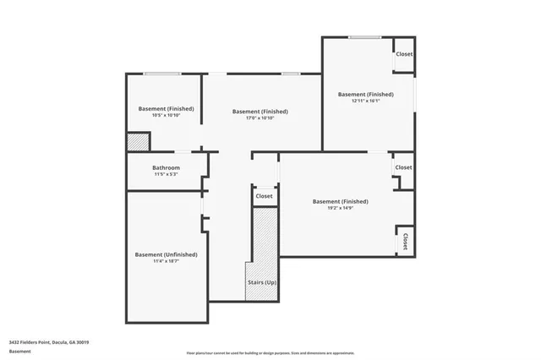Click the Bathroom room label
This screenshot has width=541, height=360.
point(166,167)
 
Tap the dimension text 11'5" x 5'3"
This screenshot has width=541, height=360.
point(166,175)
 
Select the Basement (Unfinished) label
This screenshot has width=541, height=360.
point(166,254)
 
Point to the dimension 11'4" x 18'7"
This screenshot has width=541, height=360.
point(166,262)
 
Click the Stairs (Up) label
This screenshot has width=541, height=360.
point(260,281)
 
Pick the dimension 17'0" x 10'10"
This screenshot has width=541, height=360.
point(260,118)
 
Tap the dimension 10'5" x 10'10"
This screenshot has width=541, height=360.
point(166,116)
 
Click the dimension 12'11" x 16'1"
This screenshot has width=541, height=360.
point(365,101)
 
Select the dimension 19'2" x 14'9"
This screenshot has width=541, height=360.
point(340,209)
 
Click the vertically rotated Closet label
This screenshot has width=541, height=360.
point(405,241)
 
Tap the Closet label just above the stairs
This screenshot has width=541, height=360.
point(264,196)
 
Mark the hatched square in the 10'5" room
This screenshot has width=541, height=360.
point(138,142)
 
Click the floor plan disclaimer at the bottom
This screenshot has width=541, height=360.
point(270,353)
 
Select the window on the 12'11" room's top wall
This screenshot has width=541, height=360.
point(363,37)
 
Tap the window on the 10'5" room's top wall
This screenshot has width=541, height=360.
point(161,74)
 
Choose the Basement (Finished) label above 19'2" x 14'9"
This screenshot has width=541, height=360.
point(340,201)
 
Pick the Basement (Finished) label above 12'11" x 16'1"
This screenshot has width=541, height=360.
point(365,94)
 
